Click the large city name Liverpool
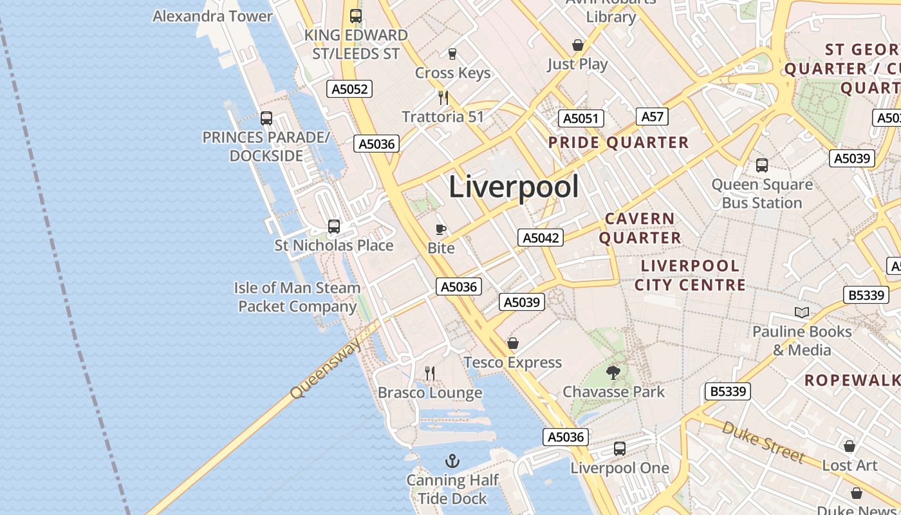(514, 187)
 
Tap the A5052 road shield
(349, 89)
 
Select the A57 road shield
(652, 117)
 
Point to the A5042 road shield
(541, 238)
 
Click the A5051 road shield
(581, 118)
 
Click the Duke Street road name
(763, 442)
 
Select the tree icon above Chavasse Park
(613, 372)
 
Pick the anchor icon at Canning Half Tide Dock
(452, 461)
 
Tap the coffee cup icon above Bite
(441, 229)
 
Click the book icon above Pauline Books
(801, 313)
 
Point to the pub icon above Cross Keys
(452, 53)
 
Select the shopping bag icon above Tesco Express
(513, 343)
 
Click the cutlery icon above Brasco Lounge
(430, 373)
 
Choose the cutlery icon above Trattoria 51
(443, 98)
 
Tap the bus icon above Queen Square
(762, 165)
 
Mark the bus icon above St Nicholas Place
(333, 227)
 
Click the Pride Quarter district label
(618, 143)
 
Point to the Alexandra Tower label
(212, 16)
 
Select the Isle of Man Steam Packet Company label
(297, 297)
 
